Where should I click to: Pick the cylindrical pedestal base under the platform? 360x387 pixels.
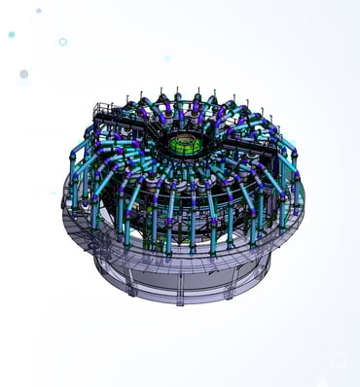click(185, 277)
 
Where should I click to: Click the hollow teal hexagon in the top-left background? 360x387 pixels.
click(62, 42)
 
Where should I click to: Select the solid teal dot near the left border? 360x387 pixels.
click(12, 34)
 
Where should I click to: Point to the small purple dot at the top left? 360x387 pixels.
click(39, 11)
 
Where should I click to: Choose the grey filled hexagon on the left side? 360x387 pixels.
click(23, 74)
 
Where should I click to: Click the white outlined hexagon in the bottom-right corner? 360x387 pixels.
click(338, 361)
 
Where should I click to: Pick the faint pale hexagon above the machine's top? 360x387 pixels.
click(166, 58)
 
